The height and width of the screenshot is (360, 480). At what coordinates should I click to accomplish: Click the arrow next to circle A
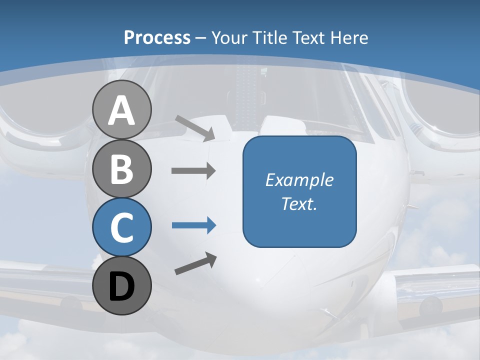(x=195, y=127)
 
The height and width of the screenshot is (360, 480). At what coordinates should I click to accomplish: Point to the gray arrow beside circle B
(x=193, y=170)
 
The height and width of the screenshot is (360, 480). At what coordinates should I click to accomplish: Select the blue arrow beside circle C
(x=193, y=225)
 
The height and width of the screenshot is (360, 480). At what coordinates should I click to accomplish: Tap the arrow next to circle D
(x=195, y=263)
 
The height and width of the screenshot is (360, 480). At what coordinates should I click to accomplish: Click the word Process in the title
(x=157, y=37)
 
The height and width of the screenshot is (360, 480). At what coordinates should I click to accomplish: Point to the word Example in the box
(x=299, y=180)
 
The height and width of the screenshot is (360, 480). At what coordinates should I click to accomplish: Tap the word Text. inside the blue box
(x=299, y=204)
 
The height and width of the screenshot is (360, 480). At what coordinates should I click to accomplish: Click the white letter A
(x=121, y=111)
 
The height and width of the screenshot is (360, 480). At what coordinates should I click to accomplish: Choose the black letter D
(x=121, y=287)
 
